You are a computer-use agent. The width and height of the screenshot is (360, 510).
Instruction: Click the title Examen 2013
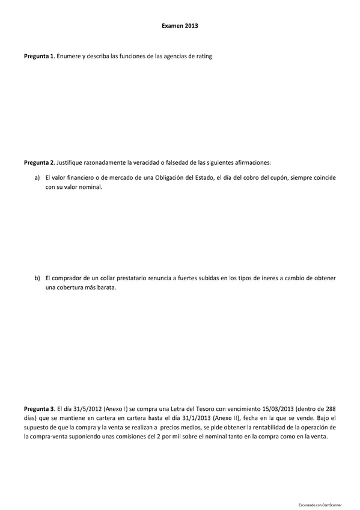[180, 26]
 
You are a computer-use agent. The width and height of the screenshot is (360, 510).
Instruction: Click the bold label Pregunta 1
[39, 57]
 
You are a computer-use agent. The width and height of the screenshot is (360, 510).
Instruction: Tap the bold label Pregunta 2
[39, 162]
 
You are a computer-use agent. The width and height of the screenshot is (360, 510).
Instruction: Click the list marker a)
[37, 178]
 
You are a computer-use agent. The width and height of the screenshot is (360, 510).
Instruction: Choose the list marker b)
[37, 278]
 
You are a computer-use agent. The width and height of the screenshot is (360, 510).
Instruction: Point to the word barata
[105, 287]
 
